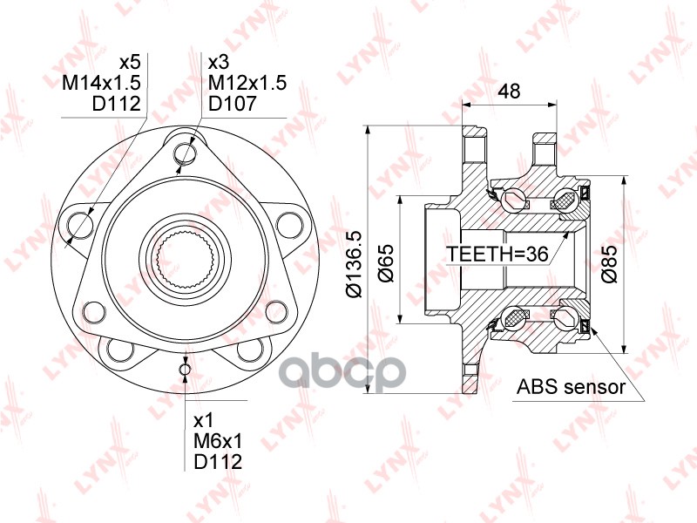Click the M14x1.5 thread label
coord(101,82)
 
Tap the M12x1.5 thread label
coord(247,83)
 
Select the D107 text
coord(233,103)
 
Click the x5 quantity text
coord(130,62)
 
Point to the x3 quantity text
coord(219,62)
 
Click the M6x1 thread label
coord(218,441)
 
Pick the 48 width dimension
coord(509,92)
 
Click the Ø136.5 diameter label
coord(355,265)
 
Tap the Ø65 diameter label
coord(386,263)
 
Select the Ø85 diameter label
coord(609,263)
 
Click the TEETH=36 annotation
coord(497,254)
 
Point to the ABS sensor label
coord(571,387)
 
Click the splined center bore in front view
coord(185,260)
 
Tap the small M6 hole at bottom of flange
coord(185,369)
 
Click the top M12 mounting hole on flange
coord(185,154)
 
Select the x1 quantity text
coord(204,420)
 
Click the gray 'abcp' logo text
coord(345,371)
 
